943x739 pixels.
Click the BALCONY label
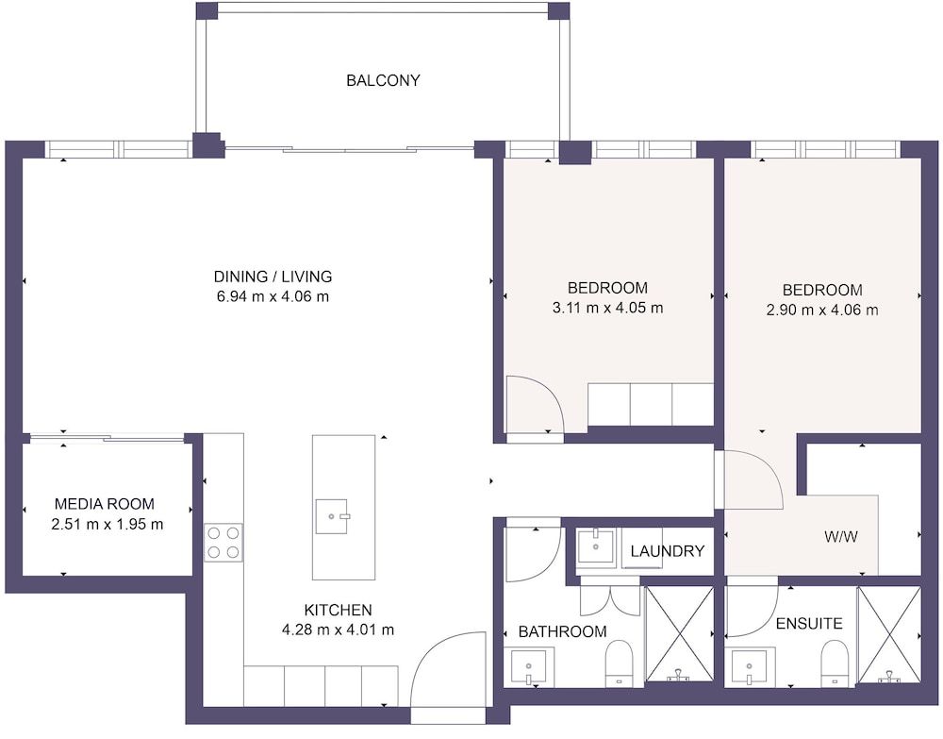pyautogui.click(x=383, y=80)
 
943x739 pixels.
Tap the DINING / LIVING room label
pyautogui.click(x=273, y=277)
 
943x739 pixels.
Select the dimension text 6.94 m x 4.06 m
pyautogui.click(x=273, y=296)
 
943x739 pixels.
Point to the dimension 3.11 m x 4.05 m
pyautogui.click(x=607, y=308)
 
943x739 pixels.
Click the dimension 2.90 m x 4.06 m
pyautogui.click(x=822, y=310)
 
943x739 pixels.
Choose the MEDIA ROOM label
pyautogui.click(x=104, y=504)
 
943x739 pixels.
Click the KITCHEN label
pyautogui.click(x=337, y=610)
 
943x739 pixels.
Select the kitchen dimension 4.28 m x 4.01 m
pyautogui.click(x=337, y=630)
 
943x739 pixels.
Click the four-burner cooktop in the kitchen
pyautogui.click(x=223, y=543)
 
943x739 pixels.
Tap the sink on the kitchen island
pyautogui.click(x=331, y=515)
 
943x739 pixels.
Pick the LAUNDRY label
pyautogui.click(x=667, y=551)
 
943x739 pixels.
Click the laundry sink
pyautogui.click(x=596, y=546)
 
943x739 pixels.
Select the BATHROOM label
pyautogui.click(x=562, y=631)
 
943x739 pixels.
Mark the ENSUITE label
pyautogui.click(x=809, y=624)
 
